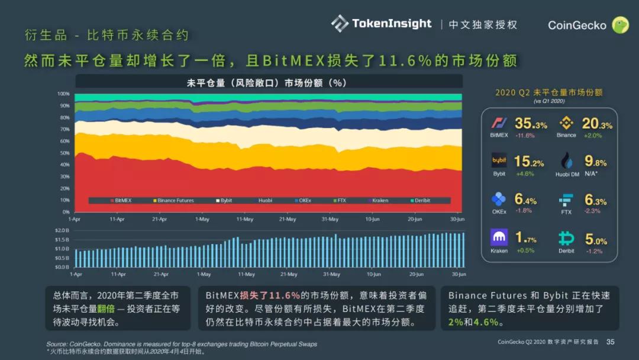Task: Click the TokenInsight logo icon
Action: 340,24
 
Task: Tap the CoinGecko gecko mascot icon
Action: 620,25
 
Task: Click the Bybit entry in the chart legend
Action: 224,201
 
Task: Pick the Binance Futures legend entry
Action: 173,201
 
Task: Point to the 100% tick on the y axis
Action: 63,94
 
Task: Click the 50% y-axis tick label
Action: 64,153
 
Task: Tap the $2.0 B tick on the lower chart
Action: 62,230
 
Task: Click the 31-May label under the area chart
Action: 330,219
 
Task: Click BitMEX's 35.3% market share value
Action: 531,124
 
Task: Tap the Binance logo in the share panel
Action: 566,123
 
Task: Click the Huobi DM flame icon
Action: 566,161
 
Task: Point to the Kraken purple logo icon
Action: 499,237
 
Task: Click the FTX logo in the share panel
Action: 566,200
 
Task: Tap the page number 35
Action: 611,342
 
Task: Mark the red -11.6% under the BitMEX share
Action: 524,136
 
